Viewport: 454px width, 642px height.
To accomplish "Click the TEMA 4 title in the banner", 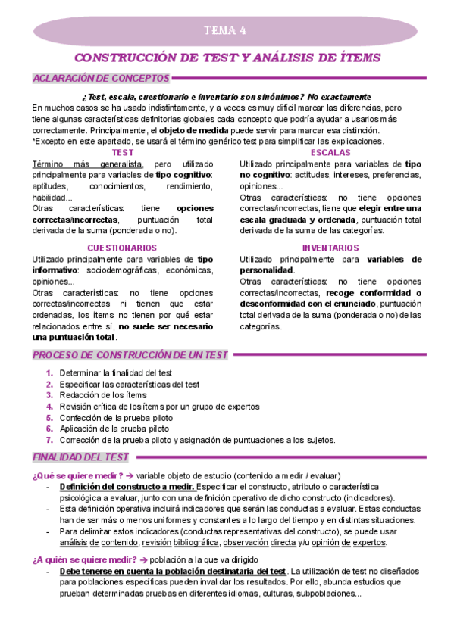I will tap(226, 31).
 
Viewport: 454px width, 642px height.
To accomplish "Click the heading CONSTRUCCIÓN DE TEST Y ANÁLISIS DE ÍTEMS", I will tap(227, 58).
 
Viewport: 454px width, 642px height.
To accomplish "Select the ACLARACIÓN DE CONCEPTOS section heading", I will tap(100, 77).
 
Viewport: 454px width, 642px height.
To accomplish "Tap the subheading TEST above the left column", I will tap(122, 152).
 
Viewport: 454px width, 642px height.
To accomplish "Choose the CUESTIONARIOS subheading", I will tap(122, 248).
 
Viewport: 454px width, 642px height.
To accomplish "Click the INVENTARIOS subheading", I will tap(330, 248).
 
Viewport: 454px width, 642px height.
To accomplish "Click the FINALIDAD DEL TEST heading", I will tap(80, 457).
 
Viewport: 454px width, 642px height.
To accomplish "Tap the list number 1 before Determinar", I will tap(49, 372).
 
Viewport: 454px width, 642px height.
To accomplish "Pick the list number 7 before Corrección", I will tap(49, 439).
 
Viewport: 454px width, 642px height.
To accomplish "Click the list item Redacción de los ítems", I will tap(102, 394).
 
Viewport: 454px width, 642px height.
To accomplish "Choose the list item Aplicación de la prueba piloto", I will tap(116, 428).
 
